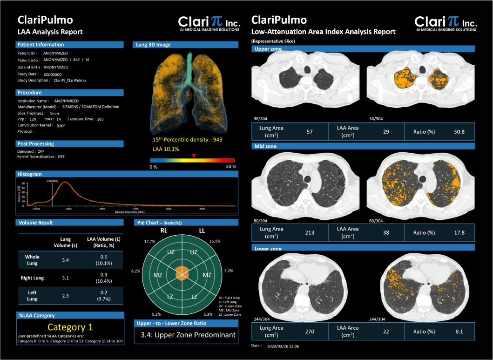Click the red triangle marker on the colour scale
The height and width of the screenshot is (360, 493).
coord(194,156)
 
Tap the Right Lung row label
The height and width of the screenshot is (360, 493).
coord(32,278)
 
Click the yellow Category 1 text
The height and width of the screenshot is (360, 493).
coord(70,327)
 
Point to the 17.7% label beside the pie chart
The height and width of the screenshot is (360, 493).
coord(149,241)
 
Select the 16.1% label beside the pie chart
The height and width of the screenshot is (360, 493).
coord(215,241)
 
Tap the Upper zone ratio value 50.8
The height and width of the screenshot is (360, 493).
coord(459,132)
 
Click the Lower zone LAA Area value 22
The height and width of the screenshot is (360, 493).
coord(386,332)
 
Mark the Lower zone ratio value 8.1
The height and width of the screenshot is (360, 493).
coord(459,332)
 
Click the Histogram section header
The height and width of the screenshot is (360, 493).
coord(30,174)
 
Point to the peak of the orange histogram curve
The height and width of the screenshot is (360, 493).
coord(65,182)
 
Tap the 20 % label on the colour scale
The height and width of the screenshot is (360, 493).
coord(231,166)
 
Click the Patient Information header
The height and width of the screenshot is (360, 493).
coord(41,45)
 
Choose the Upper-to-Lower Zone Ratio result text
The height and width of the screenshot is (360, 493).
coord(188,335)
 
